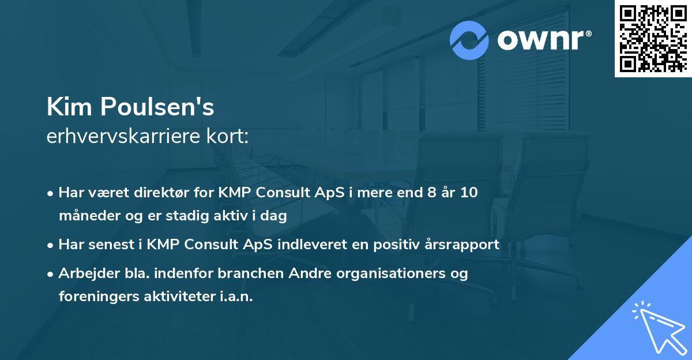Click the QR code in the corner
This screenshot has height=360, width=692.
[x=653, y=39]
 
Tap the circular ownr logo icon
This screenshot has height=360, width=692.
[x=469, y=40]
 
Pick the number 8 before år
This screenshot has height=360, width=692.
[x=428, y=193]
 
